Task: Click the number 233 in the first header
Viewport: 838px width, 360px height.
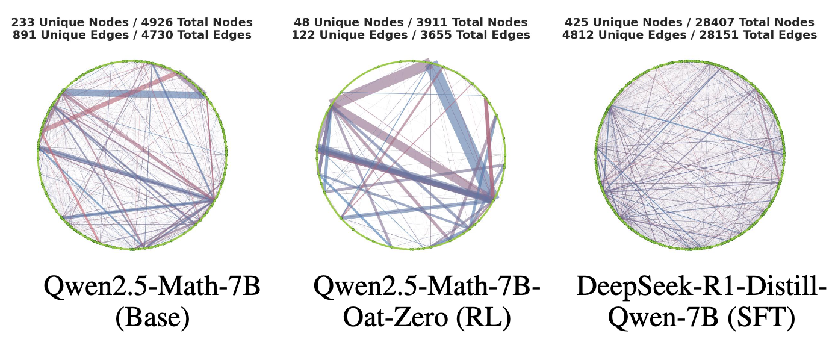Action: (23, 22)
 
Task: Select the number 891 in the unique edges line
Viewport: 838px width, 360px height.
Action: (25, 35)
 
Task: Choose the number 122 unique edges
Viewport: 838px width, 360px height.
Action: (303, 35)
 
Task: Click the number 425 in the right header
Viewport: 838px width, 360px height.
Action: (577, 22)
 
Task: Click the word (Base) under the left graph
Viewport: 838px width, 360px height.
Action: (153, 318)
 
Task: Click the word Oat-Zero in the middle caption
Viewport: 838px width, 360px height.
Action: (396, 318)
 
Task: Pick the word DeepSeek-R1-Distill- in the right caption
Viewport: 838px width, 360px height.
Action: (702, 287)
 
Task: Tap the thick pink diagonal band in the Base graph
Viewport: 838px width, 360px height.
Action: (111, 101)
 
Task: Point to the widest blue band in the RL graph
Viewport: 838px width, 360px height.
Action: (462, 131)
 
